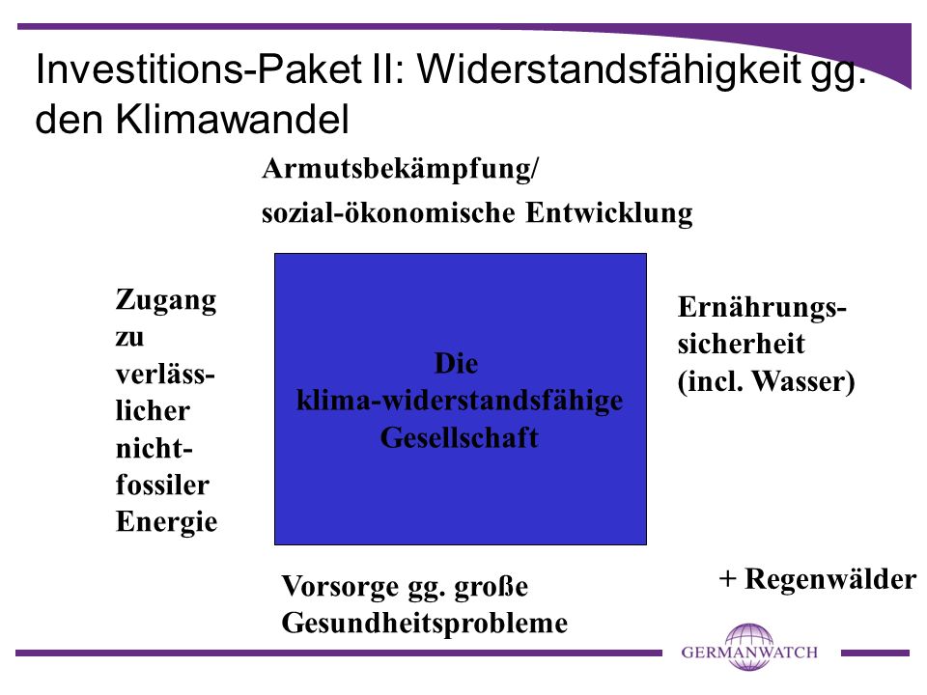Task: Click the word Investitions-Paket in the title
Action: pyautogui.click(x=199, y=69)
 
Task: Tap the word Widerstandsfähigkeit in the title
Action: pyautogui.click(x=608, y=69)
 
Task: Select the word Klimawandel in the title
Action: pyautogui.click(x=233, y=119)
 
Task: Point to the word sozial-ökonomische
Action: pyautogui.click(x=388, y=213)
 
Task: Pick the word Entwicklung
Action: pyautogui.click(x=609, y=213)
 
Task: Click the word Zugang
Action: pyautogui.click(x=166, y=301)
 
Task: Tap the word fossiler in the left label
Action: pyautogui.click(x=162, y=486)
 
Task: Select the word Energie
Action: pyautogui.click(x=167, y=522)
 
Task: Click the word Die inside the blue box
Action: pyautogui.click(x=457, y=364)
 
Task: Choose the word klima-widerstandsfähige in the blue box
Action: pyautogui.click(x=460, y=401)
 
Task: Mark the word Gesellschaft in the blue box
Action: pyautogui.click(x=460, y=438)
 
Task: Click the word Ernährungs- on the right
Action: pyautogui.click(x=762, y=308)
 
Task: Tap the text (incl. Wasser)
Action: pyautogui.click(x=766, y=381)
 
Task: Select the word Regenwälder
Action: pyautogui.click(x=830, y=579)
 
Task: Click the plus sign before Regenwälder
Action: pyautogui.click(x=727, y=579)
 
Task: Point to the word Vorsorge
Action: pyautogui.click(x=340, y=587)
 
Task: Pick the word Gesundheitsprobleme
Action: pyautogui.click(x=425, y=624)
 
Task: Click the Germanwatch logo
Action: pyautogui.click(x=749, y=649)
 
